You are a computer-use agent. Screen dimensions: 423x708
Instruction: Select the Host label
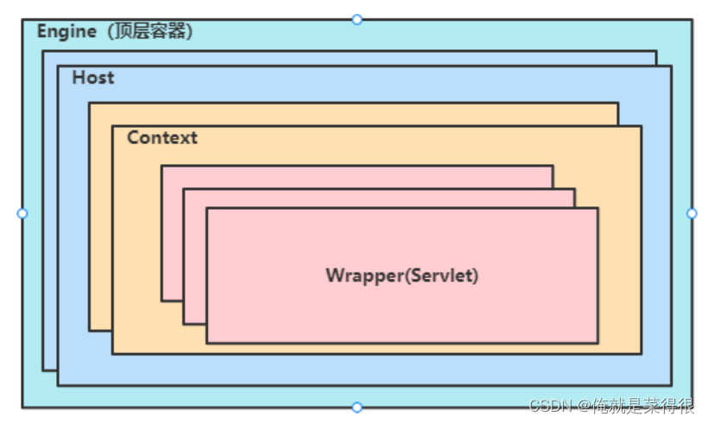92,78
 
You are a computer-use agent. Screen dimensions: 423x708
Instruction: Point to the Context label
161,137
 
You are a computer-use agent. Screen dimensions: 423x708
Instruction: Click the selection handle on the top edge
357,19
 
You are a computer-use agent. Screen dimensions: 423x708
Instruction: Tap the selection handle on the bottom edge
357,407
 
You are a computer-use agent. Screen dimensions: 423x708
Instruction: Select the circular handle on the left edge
22,213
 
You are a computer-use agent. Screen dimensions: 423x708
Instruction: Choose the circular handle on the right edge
692,213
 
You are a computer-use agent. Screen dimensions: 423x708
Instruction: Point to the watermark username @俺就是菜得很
635,405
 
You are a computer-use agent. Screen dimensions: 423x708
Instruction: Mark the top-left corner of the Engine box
23,20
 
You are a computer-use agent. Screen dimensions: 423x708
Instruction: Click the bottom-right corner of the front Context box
641,353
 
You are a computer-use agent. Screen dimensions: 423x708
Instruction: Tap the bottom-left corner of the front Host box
59,384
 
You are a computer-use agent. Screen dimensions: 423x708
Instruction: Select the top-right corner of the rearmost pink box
553,166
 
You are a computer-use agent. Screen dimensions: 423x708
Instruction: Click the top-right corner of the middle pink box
575,189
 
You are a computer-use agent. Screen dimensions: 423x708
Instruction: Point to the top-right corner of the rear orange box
617,104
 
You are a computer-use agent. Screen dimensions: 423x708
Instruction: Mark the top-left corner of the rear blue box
43,51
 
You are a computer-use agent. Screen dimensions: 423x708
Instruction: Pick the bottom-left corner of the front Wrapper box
207,343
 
